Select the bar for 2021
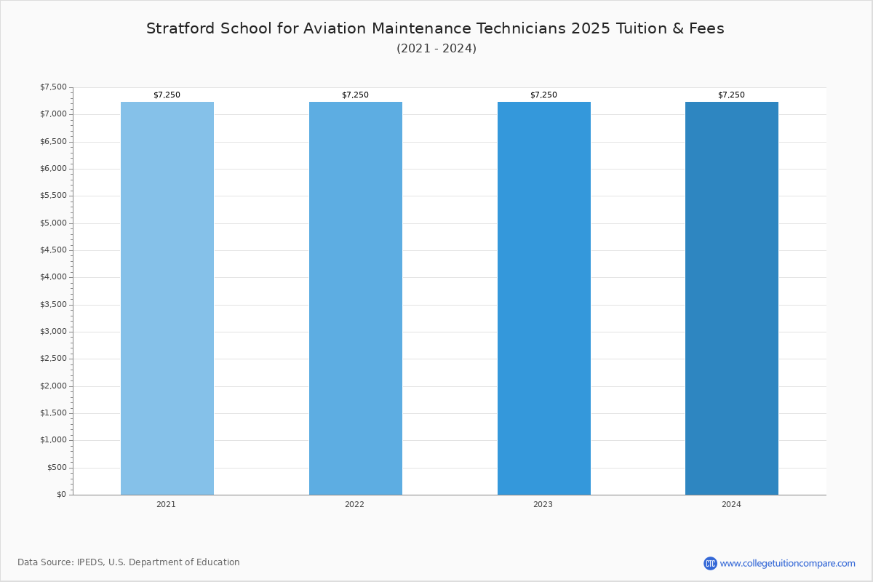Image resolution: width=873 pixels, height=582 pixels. pos(167,298)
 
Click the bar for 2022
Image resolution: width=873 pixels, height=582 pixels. pos(355,298)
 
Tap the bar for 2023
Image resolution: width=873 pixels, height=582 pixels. pos(543,298)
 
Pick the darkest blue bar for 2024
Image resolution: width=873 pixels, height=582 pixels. pos(731,298)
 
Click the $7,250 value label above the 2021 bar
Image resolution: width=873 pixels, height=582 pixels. pos(167,95)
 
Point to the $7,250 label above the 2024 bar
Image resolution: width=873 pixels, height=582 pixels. pos(731,95)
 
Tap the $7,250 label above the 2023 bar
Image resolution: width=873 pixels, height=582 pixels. pos(543,95)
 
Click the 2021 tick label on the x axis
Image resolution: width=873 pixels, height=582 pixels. pos(166,505)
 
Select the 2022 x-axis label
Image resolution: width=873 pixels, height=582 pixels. pos(354,505)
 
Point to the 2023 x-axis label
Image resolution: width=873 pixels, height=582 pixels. pos(543,505)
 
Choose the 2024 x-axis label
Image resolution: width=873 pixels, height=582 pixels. pos(731,505)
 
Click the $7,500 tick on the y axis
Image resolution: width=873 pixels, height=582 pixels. pos(53,87)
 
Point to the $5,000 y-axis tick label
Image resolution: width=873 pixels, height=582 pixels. pos(53,223)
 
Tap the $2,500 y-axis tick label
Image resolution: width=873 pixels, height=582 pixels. pos(53,359)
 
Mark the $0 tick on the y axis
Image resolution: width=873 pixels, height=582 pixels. pos(61,495)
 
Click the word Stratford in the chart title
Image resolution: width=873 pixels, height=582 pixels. pos(178,28)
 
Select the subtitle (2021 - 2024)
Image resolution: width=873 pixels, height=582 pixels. pos(436,49)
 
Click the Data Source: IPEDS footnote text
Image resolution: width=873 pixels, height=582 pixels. pos(129,562)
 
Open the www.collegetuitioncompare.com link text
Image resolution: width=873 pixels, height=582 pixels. pos(787,563)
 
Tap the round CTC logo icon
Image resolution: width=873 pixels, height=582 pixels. pos(710,563)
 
